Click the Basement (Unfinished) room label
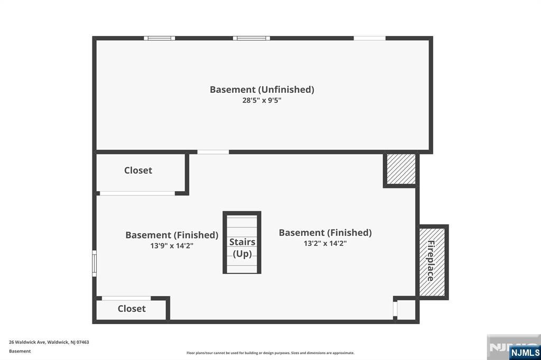(262, 90)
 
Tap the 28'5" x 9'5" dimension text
(262, 101)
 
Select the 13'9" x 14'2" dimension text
(172, 246)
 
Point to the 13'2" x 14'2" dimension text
(325, 243)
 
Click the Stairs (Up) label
(242, 248)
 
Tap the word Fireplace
(431, 261)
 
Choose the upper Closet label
(138, 170)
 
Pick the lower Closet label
(132, 309)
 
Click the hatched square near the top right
(401, 169)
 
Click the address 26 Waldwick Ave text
(27, 343)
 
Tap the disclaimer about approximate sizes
(270, 353)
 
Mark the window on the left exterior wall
(94, 263)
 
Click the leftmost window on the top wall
(160, 39)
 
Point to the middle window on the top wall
(251, 39)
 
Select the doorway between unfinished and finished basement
(213, 152)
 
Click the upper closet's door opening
(137, 193)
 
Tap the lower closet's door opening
(126, 298)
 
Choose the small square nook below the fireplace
(406, 309)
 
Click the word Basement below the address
(20, 352)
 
